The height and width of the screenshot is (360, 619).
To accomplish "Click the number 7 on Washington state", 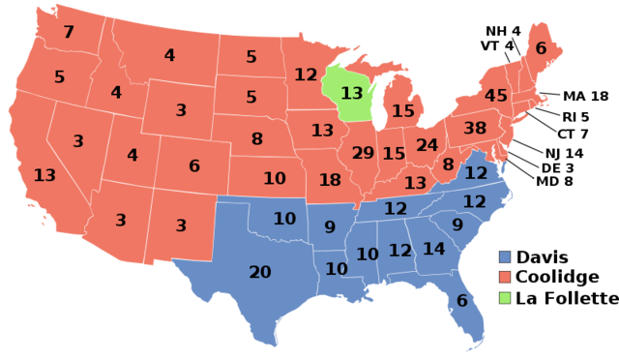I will [69, 32].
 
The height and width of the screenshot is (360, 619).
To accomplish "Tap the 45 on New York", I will [495, 96].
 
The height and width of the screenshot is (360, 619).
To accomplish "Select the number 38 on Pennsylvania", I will [474, 128].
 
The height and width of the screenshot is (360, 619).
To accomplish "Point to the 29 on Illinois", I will [363, 153].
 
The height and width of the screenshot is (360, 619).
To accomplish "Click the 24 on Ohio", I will [427, 145].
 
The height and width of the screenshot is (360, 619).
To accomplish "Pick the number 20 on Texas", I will [260, 272].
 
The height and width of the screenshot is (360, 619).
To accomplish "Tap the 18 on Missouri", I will [330, 179].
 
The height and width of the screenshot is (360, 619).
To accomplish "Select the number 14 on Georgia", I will [433, 249].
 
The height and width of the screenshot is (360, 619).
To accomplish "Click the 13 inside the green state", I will [351, 93].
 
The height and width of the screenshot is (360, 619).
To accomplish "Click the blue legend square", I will [505, 256].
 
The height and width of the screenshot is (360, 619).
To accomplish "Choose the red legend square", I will [505, 277].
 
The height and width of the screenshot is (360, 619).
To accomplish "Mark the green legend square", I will [505, 297].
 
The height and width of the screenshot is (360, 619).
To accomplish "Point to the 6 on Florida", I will [461, 301].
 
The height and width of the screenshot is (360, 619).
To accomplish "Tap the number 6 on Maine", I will [541, 48].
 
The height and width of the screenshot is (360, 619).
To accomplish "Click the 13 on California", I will [44, 175].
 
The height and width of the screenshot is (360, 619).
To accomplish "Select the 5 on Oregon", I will [59, 76].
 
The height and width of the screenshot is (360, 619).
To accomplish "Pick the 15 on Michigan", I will [402, 111].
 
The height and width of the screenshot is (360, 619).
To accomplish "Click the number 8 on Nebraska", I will [256, 138].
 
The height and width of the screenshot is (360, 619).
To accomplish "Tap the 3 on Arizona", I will [121, 220].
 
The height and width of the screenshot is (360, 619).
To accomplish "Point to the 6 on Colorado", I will [194, 165].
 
